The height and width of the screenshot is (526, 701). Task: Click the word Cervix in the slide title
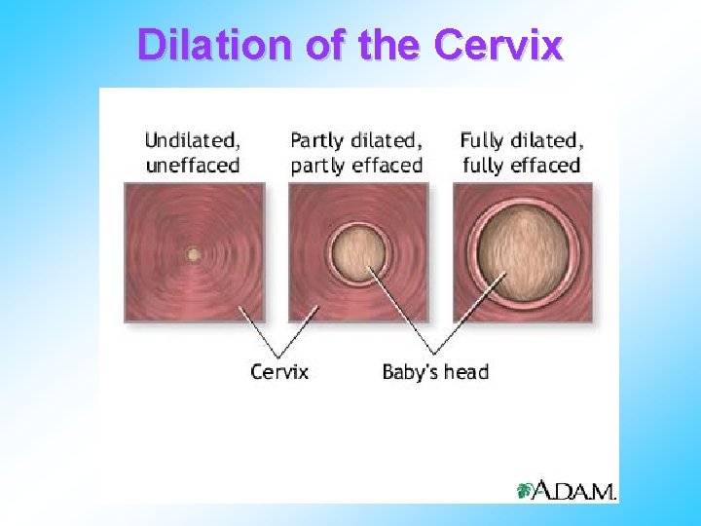point(498,45)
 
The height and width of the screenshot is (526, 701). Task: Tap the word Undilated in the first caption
point(192,140)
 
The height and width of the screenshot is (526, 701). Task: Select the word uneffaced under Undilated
point(192,165)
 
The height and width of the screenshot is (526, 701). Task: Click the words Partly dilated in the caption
point(355,140)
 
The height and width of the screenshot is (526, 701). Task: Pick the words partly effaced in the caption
point(355,165)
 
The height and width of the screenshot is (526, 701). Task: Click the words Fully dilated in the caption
point(521,140)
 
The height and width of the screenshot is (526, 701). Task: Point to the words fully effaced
point(521,165)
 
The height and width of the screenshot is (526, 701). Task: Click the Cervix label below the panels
point(279,371)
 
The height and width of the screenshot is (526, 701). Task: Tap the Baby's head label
point(435,371)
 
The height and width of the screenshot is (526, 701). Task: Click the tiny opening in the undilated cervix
point(193,254)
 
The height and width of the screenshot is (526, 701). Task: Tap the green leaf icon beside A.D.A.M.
point(525,490)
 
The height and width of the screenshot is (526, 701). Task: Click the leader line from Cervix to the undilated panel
point(258,331)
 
